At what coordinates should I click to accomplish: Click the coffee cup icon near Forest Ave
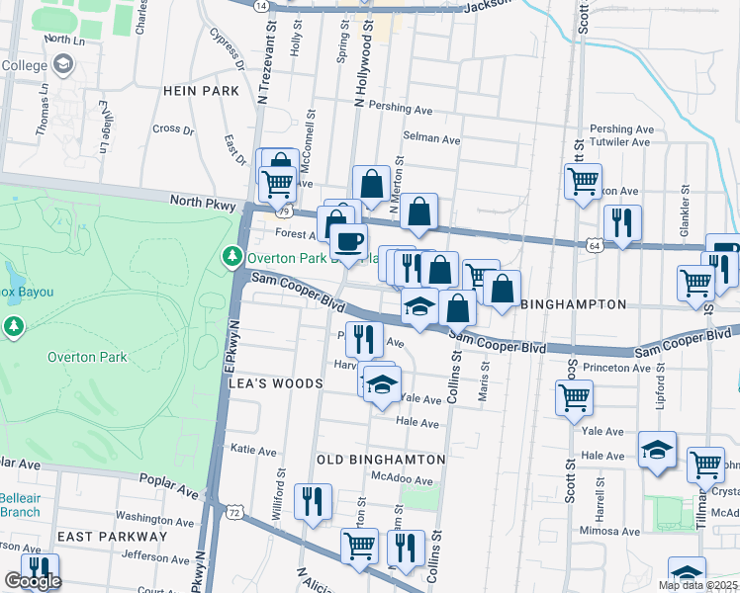[348, 241]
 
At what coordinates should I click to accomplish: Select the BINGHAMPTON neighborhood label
[573, 304]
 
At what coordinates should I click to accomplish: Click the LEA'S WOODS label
[276, 383]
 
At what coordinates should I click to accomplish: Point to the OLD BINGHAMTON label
[381, 460]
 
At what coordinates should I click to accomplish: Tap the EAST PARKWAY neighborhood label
[112, 536]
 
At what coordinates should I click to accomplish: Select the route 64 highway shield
[593, 245]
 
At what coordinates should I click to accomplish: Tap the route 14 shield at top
[261, 5]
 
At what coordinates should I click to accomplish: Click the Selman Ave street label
[431, 140]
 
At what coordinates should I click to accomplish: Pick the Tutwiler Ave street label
[620, 142]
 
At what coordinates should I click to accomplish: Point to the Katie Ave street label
[253, 449]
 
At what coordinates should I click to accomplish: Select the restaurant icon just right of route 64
[622, 223]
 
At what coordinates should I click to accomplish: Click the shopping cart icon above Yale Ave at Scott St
[574, 398]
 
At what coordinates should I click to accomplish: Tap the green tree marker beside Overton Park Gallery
[232, 257]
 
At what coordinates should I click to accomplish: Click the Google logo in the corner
[33, 582]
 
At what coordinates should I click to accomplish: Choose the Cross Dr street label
[173, 128]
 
